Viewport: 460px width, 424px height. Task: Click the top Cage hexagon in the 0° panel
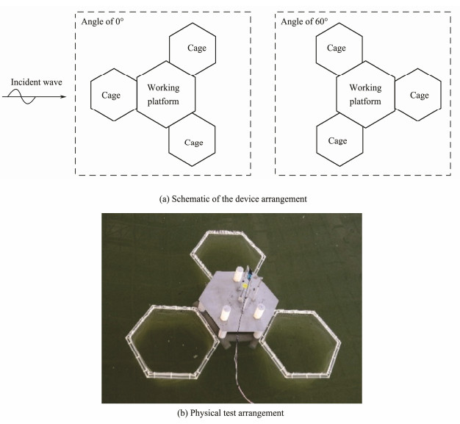193,48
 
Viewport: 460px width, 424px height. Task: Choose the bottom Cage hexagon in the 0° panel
193,141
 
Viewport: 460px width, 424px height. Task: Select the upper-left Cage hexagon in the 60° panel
336,48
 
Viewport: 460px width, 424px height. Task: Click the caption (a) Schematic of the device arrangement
230,198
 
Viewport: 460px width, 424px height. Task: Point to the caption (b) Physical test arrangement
230,413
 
